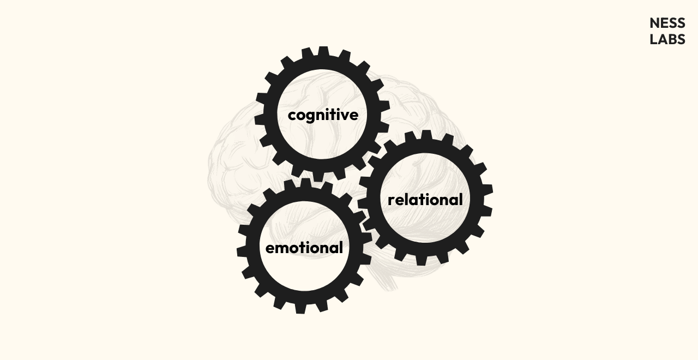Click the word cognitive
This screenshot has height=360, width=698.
tap(323, 115)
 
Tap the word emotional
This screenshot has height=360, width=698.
tap(304, 248)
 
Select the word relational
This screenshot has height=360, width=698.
tap(425, 200)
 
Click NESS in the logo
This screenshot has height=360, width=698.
tap(667, 23)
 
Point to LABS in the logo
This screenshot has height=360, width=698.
tap(667, 39)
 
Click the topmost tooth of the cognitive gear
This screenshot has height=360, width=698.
tap(323, 52)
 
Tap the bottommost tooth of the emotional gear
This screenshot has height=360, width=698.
tap(300, 308)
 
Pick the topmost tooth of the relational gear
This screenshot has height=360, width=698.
tap(426, 135)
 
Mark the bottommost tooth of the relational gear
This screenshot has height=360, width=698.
tap(422, 260)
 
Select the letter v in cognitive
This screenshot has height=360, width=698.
tap(343, 115)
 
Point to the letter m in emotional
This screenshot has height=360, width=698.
tap(284, 249)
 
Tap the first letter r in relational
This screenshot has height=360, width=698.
tap(392, 201)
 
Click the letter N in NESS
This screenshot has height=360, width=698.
tap(655, 23)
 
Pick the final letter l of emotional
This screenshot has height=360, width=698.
tap(341, 248)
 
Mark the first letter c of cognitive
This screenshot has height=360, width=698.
tap(292, 116)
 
